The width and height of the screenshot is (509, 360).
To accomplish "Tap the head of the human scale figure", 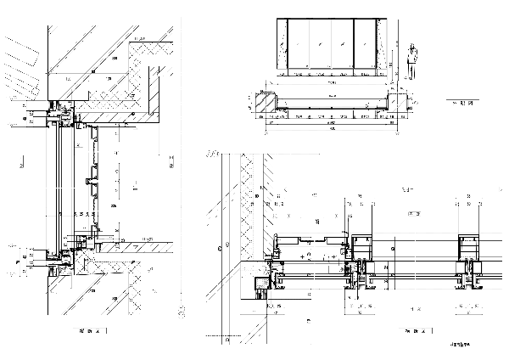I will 413,46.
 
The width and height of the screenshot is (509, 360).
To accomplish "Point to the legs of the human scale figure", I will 413,73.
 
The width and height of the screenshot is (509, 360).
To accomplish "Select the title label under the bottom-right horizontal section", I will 413,330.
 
